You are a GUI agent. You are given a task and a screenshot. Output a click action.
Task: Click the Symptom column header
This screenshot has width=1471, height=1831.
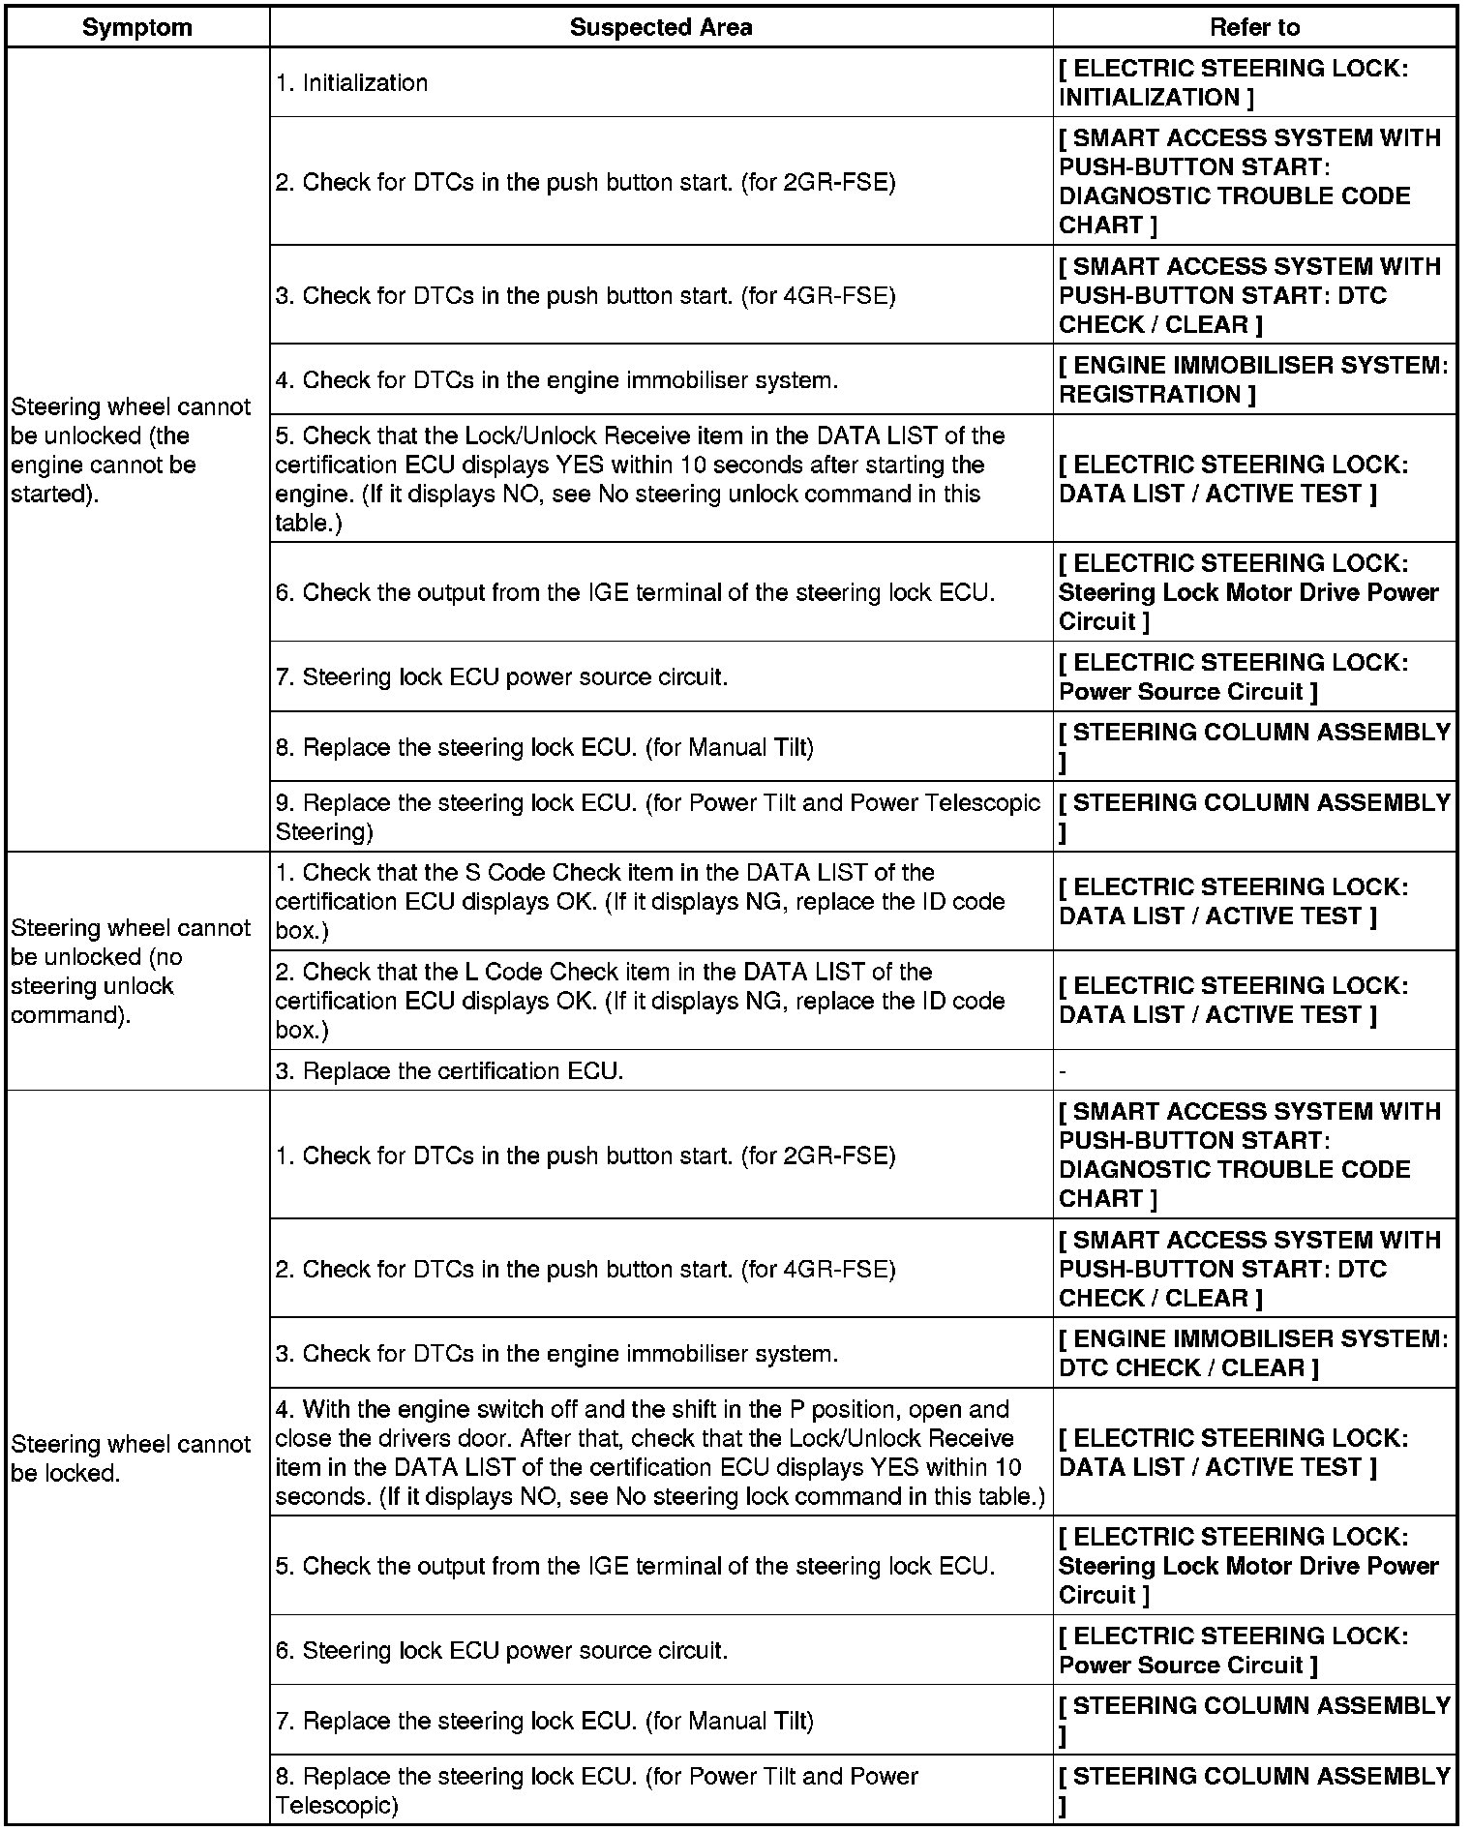click(136, 27)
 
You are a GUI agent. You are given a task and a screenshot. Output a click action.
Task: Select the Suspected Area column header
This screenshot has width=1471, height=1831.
click(661, 27)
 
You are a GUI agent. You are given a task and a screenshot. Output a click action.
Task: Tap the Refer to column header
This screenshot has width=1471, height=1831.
click(1254, 27)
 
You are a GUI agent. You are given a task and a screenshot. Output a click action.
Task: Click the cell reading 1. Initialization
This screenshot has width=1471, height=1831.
click(351, 83)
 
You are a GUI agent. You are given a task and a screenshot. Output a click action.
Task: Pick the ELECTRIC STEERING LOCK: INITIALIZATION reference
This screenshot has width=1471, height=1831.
click(1233, 83)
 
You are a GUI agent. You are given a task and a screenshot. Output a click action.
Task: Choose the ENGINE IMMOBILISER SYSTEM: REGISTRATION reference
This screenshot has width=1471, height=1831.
click(1253, 380)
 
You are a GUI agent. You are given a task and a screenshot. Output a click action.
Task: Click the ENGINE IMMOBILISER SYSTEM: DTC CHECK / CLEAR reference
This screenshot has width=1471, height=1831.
click(1253, 1353)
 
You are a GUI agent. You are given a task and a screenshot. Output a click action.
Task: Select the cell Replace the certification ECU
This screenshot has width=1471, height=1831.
click(449, 1071)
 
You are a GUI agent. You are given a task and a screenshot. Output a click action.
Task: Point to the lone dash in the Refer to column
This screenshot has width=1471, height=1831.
click(1063, 1071)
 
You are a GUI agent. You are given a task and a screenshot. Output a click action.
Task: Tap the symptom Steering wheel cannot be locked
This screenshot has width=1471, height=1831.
click(130, 1458)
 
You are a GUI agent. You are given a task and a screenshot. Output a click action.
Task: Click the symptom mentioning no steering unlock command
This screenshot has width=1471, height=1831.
click(130, 971)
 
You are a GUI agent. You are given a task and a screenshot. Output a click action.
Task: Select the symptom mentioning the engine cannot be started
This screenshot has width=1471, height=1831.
click(130, 450)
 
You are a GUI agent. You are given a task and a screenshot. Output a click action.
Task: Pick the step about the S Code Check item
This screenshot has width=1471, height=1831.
click(639, 901)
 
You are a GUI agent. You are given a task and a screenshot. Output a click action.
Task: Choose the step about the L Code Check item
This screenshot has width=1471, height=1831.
click(639, 1001)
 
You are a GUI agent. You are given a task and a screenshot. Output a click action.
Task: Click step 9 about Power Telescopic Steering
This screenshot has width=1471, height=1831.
click(657, 817)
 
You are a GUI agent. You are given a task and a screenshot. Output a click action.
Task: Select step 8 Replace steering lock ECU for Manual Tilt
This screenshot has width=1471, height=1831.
click(544, 747)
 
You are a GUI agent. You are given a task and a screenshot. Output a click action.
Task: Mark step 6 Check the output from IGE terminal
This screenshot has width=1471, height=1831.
click(635, 592)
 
